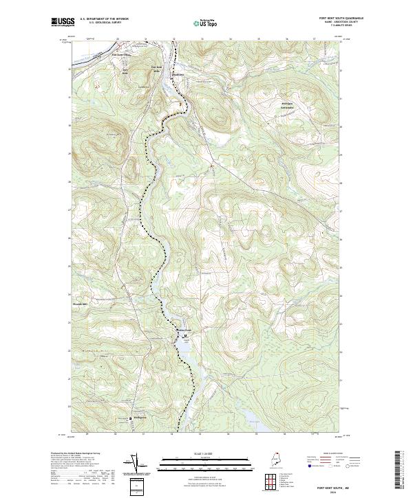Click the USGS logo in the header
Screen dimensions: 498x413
tap(63, 22)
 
